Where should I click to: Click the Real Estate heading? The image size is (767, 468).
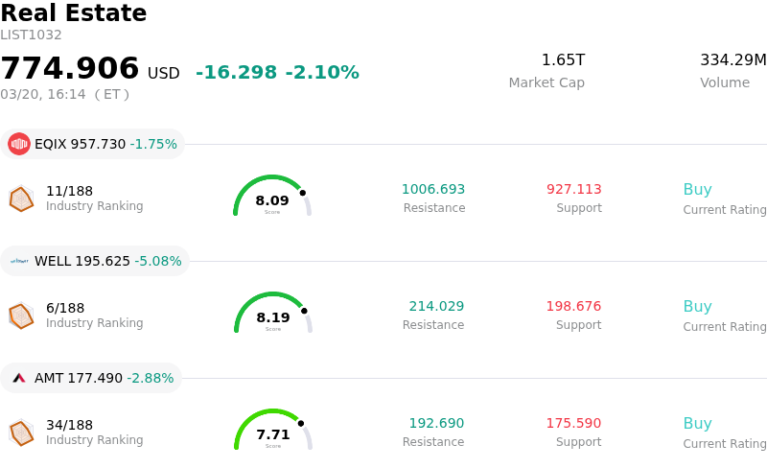click(74, 13)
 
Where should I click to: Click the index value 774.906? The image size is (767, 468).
click(70, 69)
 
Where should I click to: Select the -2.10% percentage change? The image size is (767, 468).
click(322, 73)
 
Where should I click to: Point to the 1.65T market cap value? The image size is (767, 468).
click(563, 60)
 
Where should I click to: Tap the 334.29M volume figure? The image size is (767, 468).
click(732, 60)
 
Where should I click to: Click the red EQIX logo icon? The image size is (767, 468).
click(18, 144)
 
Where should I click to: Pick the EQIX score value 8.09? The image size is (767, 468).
click(272, 200)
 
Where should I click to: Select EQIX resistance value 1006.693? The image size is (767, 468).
click(433, 189)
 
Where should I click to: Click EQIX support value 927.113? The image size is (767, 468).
click(573, 189)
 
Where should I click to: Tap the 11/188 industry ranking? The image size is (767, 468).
click(69, 191)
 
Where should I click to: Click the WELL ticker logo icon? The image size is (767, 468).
click(18, 261)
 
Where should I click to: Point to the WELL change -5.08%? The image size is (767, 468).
click(158, 261)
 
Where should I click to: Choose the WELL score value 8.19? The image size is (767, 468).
click(272, 317)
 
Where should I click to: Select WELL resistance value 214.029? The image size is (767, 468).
click(436, 306)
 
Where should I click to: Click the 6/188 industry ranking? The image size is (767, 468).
click(65, 308)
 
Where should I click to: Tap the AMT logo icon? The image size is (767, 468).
click(18, 378)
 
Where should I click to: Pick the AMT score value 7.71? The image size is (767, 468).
click(272, 434)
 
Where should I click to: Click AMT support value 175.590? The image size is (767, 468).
click(573, 423)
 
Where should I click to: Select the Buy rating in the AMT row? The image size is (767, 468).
click(697, 423)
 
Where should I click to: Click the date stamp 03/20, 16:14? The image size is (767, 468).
click(42, 94)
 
